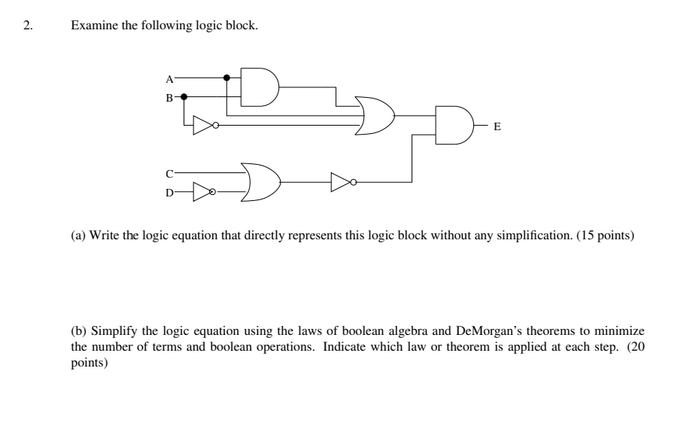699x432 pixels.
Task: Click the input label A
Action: pos(169,78)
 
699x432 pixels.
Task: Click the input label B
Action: pos(169,97)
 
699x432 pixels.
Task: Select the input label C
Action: pos(169,173)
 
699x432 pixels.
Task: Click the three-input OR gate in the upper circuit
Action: pos(374,115)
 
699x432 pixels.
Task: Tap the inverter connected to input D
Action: pos(203,192)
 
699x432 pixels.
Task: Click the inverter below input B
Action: pos(204,125)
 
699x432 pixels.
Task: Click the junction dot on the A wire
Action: pos(226,77)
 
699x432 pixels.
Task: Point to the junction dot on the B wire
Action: pos(183,96)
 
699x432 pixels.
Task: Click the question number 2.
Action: pos(28,26)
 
